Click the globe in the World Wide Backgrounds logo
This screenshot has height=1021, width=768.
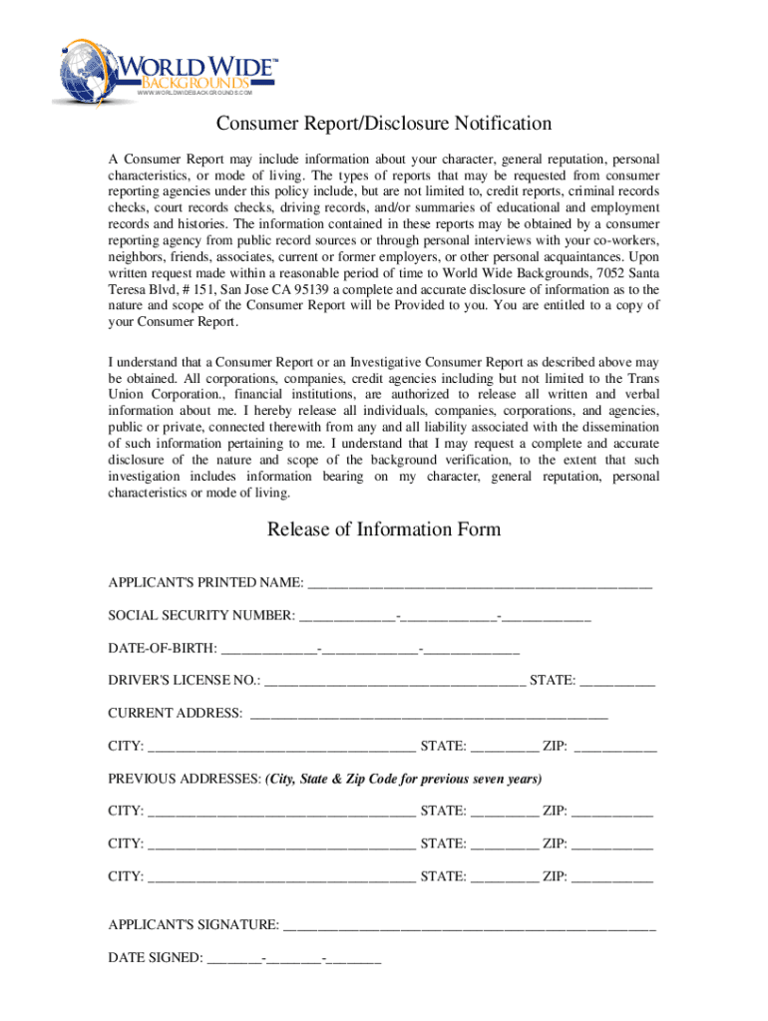pyautogui.click(x=86, y=70)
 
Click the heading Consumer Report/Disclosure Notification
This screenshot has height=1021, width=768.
pyautogui.click(x=385, y=124)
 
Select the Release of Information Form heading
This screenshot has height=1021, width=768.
pyautogui.click(x=384, y=528)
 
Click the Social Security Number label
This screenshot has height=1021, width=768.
pyautogui.click(x=200, y=616)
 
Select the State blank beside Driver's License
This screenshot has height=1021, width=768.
pyautogui.click(x=617, y=682)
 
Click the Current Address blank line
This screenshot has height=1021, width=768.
pyautogui.click(x=429, y=714)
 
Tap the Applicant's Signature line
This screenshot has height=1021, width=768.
pyautogui.click(x=470, y=926)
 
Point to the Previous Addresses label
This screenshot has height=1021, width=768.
pyautogui.click(x=184, y=779)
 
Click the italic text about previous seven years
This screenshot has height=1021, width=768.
pyautogui.click(x=404, y=779)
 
